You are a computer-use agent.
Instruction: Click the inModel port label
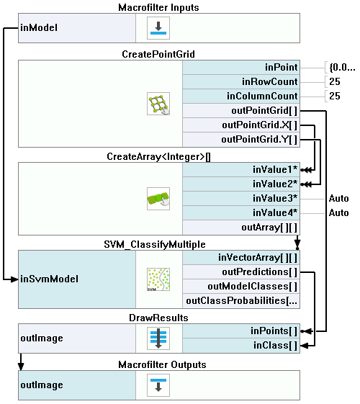click(x=39, y=28)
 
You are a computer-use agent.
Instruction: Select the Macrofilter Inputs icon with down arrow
click(x=158, y=28)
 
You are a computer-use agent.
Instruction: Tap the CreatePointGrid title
click(x=158, y=54)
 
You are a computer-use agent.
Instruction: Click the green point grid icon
click(x=158, y=104)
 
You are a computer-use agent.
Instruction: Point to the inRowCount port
click(x=241, y=81)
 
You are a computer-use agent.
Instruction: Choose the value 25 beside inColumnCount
click(x=335, y=96)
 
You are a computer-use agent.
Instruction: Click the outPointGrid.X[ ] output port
click(x=241, y=125)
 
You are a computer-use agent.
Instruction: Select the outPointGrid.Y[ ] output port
click(x=241, y=140)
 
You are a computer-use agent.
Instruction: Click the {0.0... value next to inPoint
click(x=342, y=67)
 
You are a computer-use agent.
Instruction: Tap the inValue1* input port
click(x=241, y=169)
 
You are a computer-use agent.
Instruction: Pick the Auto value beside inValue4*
click(x=339, y=213)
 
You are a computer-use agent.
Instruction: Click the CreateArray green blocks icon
click(x=158, y=199)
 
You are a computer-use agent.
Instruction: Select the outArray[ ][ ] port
click(x=241, y=228)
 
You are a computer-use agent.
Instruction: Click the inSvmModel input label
click(x=49, y=279)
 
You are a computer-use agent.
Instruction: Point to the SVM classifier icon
click(x=158, y=279)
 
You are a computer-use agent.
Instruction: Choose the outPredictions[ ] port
click(x=241, y=271)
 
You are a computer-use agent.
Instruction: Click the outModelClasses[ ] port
click(x=241, y=286)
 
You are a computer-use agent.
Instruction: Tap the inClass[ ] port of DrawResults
click(x=241, y=346)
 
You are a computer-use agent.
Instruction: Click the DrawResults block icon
click(x=158, y=338)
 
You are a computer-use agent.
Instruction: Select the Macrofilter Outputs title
click(x=162, y=365)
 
